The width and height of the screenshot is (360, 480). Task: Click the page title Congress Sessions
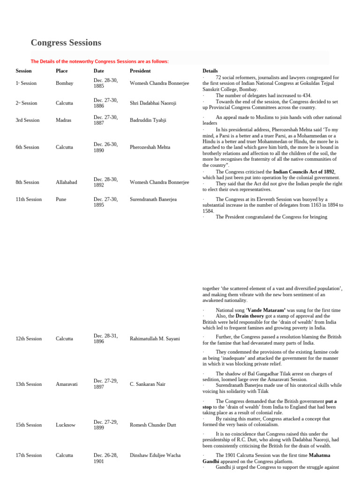[x=66, y=43]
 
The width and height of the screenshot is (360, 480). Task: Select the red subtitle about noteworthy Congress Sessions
[x=99, y=61]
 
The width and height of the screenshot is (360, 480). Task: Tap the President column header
[x=140, y=71]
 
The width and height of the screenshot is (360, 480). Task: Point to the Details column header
[x=210, y=71]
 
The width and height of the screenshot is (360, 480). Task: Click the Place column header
[x=61, y=71]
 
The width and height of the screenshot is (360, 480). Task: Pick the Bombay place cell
[x=64, y=83]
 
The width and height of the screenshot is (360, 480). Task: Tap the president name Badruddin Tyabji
[x=148, y=120]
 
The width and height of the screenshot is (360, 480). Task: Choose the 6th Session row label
[x=27, y=147]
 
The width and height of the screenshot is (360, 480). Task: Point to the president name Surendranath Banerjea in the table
[x=153, y=199]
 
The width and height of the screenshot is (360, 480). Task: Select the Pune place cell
[x=61, y=199]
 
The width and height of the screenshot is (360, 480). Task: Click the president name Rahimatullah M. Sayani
[x=155, y=338]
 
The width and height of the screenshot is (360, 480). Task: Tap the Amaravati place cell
[x=67, y=384]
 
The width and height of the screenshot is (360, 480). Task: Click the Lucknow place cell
[x=65, y=425]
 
